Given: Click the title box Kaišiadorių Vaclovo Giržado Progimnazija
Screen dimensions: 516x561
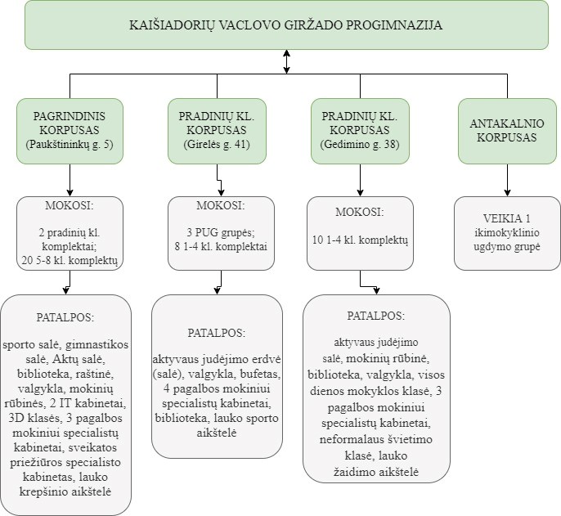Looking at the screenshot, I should tap(286, 25).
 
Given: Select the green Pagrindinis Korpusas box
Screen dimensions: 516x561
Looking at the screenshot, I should tap(69, 131).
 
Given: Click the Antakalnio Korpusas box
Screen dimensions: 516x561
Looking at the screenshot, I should tap(507, 131).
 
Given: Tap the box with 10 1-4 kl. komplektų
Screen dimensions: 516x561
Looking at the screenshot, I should tap(361, 232).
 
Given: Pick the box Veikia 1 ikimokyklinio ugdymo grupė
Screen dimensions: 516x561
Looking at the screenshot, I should tap(507, 232).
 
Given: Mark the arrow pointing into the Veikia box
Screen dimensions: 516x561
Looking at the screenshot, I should tap(507, 180).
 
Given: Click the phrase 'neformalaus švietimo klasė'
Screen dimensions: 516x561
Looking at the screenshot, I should tap(377, 447).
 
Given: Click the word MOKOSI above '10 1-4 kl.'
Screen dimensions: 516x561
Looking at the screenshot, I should tap(360, 212).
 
